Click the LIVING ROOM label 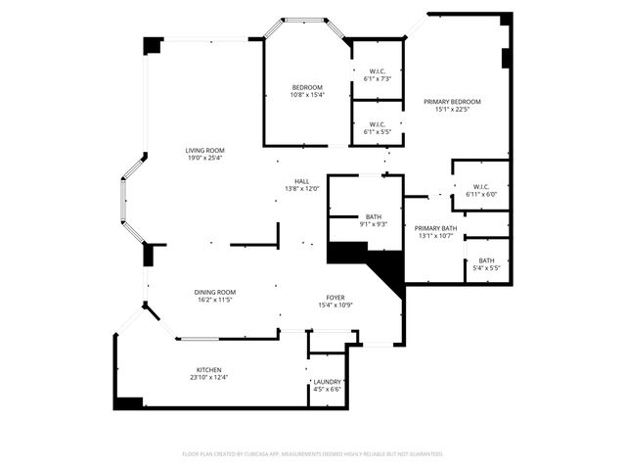coord(205,150)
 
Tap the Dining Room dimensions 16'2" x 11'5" coord(214,300)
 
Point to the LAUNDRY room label coord(327,381)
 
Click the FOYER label coord(335,297)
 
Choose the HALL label coord(302,180)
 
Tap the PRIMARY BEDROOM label coord(452,101)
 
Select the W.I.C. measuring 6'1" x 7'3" coord(378,70)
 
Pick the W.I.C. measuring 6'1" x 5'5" coord(378,123)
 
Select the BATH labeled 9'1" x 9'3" coord(374,216)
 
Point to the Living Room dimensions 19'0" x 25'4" coord(205,158)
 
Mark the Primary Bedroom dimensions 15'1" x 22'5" coord(452,109)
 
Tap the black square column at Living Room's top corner coord(153,46)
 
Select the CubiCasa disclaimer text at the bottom coord(313,454)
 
